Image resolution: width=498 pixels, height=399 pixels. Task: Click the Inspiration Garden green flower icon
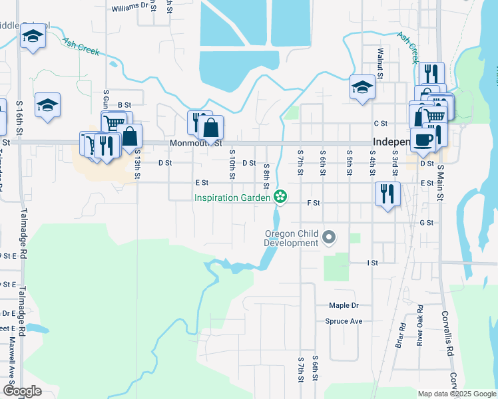280,196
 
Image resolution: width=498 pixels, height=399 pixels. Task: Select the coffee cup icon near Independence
422,139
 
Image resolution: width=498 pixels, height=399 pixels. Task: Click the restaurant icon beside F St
387,194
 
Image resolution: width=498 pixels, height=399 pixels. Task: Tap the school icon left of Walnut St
362,87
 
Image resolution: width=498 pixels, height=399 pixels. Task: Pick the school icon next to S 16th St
47,105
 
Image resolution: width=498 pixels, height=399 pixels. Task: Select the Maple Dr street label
344,305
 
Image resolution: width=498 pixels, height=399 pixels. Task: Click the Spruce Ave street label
344,321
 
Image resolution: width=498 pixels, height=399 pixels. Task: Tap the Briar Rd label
401,336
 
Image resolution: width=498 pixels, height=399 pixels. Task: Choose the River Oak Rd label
420,325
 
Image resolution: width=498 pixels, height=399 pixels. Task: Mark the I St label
372,263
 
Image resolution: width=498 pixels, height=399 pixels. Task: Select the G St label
426,223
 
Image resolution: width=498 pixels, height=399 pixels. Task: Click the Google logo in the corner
22,392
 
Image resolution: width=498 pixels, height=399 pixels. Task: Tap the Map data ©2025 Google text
457,394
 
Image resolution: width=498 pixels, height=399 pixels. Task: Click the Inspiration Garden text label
232,197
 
